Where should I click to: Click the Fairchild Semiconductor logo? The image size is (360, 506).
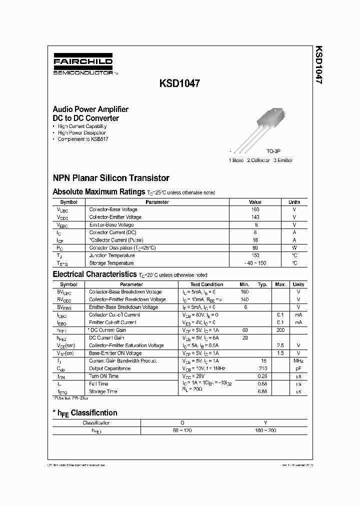[83, 65]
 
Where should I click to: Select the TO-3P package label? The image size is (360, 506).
[273, 150]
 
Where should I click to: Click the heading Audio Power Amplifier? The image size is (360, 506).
[90, 109]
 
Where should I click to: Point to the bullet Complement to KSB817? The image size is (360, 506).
[82, 139]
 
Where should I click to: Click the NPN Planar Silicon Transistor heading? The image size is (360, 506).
[111, 178]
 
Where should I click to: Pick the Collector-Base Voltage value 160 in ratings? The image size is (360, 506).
[255, 209]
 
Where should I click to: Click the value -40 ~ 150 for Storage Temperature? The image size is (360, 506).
[255, 263]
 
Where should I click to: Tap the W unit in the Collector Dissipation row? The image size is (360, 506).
[294, 248]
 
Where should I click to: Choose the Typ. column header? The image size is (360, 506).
[262, 284]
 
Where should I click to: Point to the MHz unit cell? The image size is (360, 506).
[298, 360]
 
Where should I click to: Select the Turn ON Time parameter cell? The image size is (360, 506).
[103, 376]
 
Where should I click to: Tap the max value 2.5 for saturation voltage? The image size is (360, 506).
[280, 345]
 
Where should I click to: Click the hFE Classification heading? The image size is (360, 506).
[85, 413]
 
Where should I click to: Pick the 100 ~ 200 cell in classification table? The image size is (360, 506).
[265, 430]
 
